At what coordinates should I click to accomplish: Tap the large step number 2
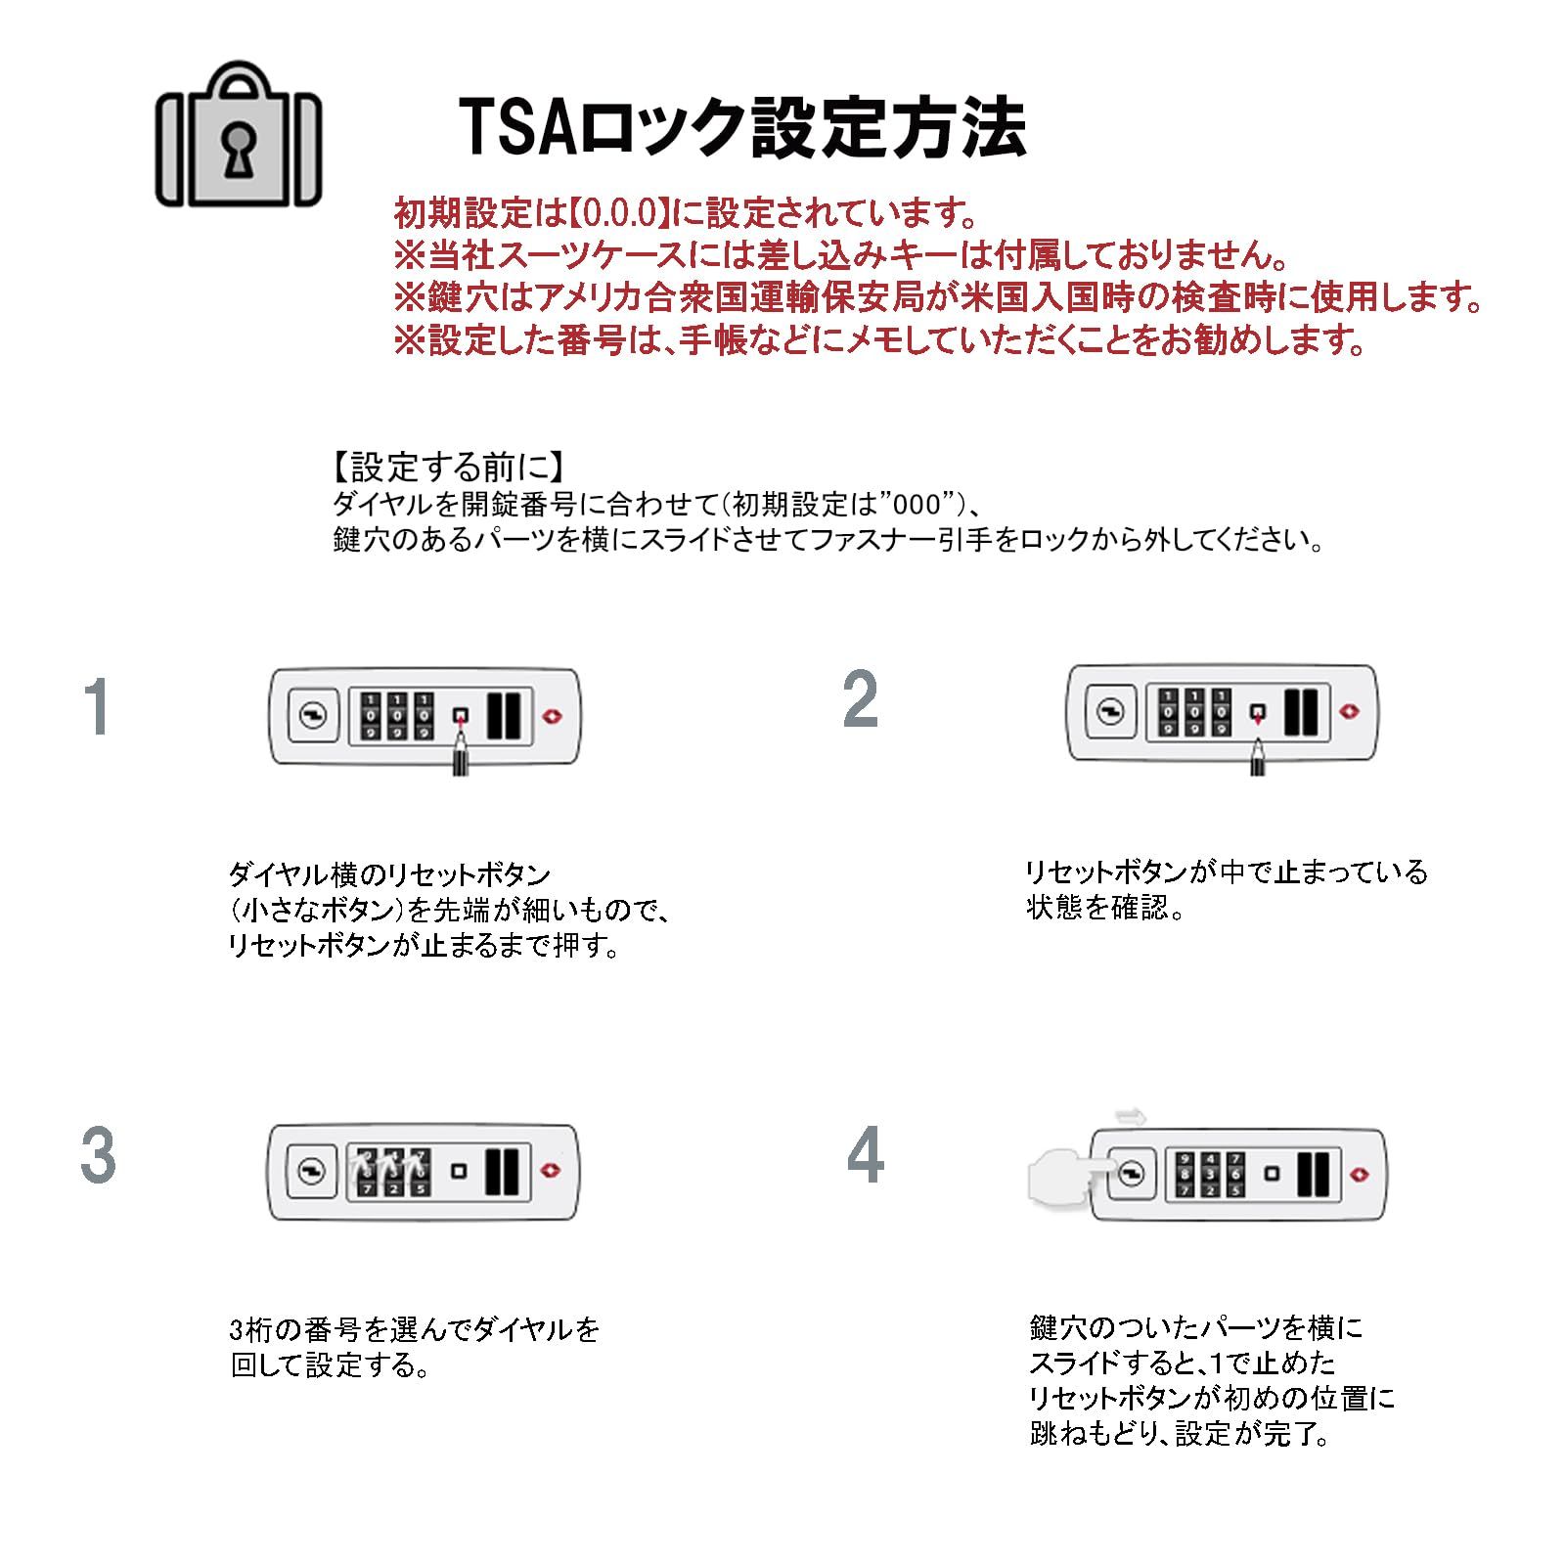tap(861, 700)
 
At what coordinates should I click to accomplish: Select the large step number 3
tap(98, 1156)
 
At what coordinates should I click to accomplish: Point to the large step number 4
tap(865, 1156)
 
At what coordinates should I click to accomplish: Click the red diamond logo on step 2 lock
tap(1352, 711)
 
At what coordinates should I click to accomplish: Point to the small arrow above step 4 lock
tap(1132, 1115)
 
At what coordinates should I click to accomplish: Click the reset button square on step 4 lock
tap(1272, 1173)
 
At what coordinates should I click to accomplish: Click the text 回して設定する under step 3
tap(329, 1365)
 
